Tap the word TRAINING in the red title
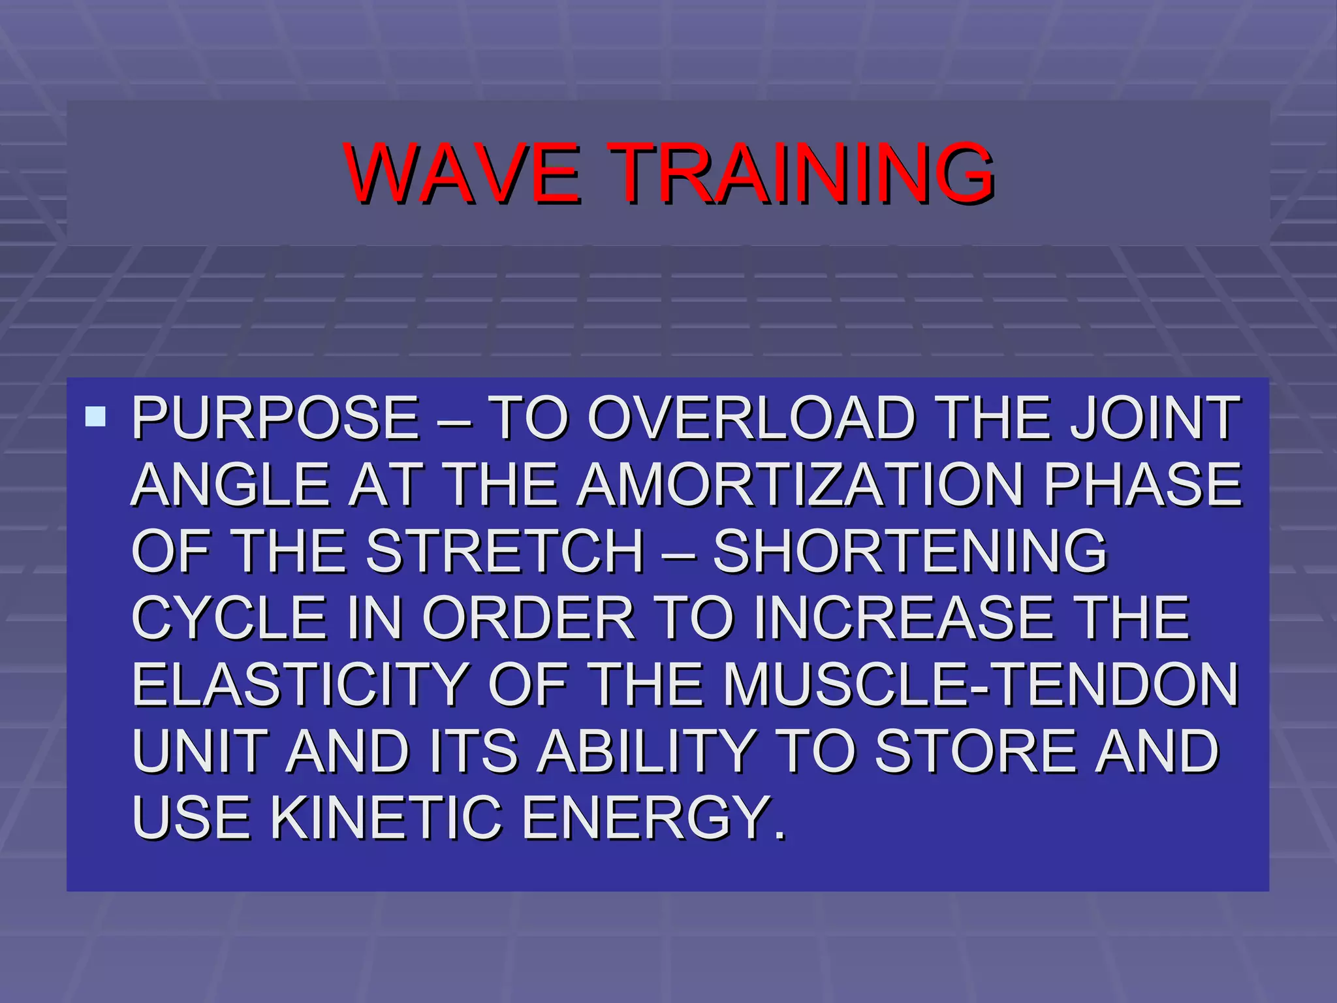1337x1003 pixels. point(802,173)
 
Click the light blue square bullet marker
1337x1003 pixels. point(95,417)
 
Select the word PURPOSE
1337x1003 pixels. point(275,418)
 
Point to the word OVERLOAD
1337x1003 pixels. point(751,418)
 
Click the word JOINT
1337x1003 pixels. point(1154,418)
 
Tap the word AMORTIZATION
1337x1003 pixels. point(800,485)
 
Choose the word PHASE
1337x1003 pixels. point(1142,485)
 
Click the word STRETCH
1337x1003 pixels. point(505,551)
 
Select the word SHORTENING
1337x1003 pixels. point(909,551)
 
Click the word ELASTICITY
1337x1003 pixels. point(300,684)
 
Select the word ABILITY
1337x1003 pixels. point(646,751)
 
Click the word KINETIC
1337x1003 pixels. point(386,818)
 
